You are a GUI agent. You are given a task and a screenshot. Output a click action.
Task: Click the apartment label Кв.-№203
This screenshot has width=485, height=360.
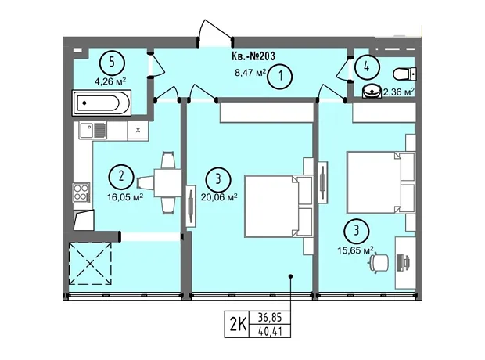(x=253, y=56)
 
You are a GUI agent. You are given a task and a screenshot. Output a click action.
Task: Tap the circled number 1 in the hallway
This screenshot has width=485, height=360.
(x=280, y=76)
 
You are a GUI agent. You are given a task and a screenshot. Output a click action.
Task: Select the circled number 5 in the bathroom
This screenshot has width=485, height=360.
(x=112, y=63)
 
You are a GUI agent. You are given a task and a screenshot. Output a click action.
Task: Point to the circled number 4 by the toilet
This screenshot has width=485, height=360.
(x=367, y=67)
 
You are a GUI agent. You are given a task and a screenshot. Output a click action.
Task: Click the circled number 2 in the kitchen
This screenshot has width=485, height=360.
(x=121, y=177)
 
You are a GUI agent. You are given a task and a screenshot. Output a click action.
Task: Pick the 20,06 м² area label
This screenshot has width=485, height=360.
(x=219, y=197)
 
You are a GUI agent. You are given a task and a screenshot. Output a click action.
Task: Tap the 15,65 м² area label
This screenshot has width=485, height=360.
(x=355, y=250)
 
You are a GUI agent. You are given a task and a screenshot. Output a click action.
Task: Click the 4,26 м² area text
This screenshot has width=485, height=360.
(x=110, y=81)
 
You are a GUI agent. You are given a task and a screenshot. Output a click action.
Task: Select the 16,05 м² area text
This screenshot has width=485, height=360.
(x=125, y=197)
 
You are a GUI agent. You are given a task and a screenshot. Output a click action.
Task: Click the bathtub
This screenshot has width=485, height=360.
(x=102, y=103)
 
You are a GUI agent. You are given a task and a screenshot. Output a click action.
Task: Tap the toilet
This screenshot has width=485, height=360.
(x=405, y=74)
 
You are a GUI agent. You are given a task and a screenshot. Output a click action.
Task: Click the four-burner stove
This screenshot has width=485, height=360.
(x=81, y=193)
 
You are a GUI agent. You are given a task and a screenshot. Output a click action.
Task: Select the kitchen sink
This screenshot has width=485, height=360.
(x=93, y=130)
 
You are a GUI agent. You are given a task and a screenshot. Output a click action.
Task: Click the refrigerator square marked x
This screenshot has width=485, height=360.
(x=138, y=131)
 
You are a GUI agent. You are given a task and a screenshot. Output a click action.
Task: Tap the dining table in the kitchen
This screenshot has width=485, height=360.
(x=168, y=182)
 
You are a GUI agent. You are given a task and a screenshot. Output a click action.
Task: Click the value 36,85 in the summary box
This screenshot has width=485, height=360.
(x=270, y=318)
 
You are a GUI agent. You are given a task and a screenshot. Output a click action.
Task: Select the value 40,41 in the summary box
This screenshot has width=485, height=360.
(x=270, y=332)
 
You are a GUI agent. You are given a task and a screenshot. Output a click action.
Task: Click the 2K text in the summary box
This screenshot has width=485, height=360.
(x=238, y=325)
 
